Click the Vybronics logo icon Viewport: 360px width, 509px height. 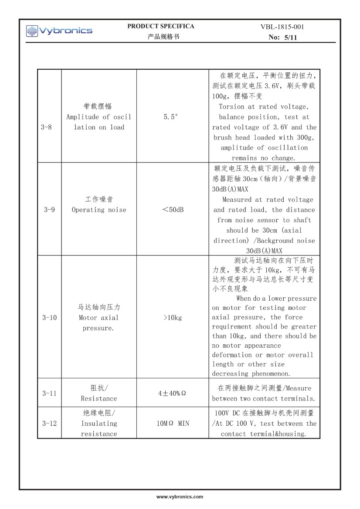(x=32, y=31)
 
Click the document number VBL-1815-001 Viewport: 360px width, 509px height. (x=282, y=27)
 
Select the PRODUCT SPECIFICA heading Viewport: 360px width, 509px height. (x=161, y=26)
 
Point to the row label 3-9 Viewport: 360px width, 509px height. (x=48, y=210)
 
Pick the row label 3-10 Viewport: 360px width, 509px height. (x=49, y=318)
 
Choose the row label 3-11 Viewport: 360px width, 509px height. (x=49, y=393)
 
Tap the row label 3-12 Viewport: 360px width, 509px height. (x=49, y=423)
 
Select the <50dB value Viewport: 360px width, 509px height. (x=173, y=210)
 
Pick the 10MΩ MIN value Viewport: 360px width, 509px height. (x=173, y=423)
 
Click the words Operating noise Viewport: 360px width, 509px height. (x=99, y=210)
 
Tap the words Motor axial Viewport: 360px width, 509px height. (x=98, y=318)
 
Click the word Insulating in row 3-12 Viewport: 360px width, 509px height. (x=99, y=423)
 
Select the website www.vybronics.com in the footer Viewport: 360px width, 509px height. (x=180, y=497)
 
